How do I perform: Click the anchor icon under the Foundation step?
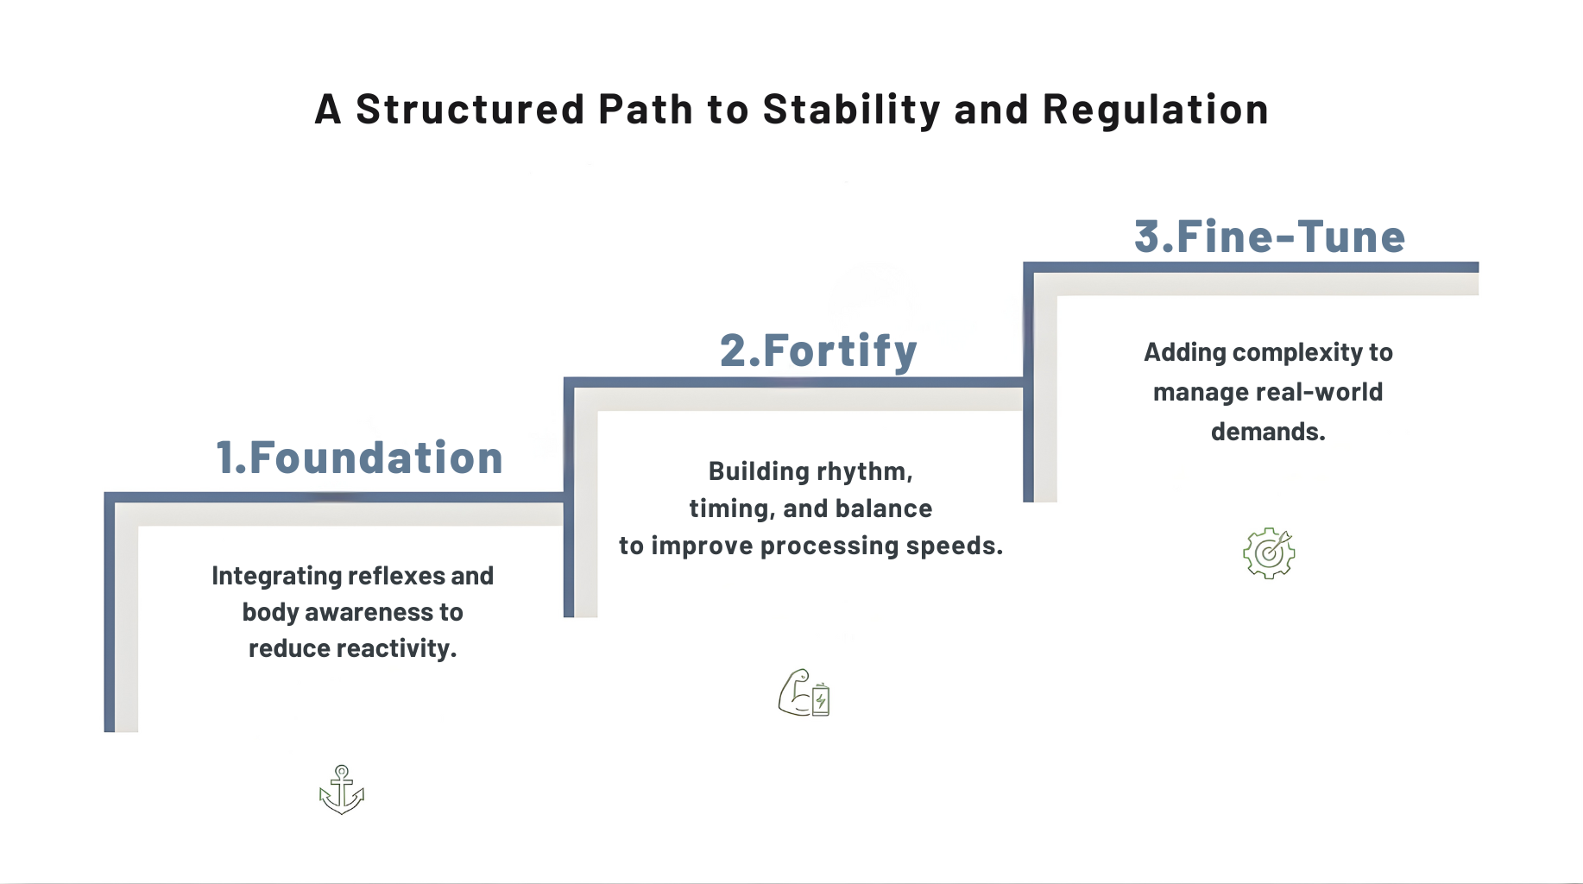point(342,790)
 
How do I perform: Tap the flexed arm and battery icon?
point(804,692)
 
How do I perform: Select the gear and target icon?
point(1269,552)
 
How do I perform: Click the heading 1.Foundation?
point(359,458)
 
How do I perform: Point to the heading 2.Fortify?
point(818,351)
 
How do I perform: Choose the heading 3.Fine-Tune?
point(1270,237)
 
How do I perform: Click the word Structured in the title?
point(470,110)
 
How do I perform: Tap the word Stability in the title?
point(851,110)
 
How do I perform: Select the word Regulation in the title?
point(1156,110)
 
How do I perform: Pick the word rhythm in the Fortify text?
point(864,471)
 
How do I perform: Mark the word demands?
point(1268,432)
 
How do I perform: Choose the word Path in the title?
point(646,110)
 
